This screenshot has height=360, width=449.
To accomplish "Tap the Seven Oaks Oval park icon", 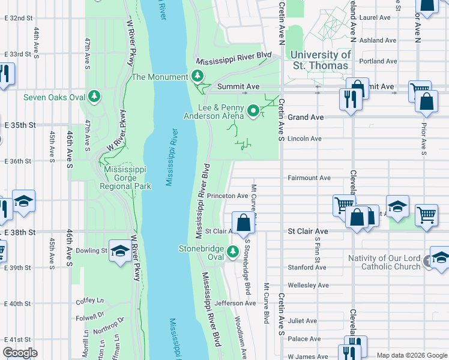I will (x=94, y=97).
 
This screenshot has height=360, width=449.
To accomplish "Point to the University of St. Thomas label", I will (x=320, y=60).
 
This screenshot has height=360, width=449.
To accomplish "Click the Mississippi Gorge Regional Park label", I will (x=128, y=178).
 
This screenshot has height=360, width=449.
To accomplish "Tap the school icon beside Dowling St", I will (x=120, y=251).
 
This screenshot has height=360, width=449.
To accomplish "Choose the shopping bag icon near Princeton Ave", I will (x=243, y=223).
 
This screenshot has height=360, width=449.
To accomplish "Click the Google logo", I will (x=20, y=353).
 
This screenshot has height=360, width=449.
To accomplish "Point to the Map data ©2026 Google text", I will (x=411, y=355).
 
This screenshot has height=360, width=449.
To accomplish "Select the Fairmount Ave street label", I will (x=309, y=178).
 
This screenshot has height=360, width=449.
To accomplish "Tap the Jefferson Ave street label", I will (x=235, y=304).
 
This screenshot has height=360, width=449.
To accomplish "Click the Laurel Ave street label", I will (x=375, y=18).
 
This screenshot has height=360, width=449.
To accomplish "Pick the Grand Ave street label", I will (x=306, y=118).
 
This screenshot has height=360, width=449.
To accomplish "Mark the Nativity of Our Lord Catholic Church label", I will (x=385, y=262).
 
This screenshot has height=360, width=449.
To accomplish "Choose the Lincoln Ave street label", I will (x=305, y=139).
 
